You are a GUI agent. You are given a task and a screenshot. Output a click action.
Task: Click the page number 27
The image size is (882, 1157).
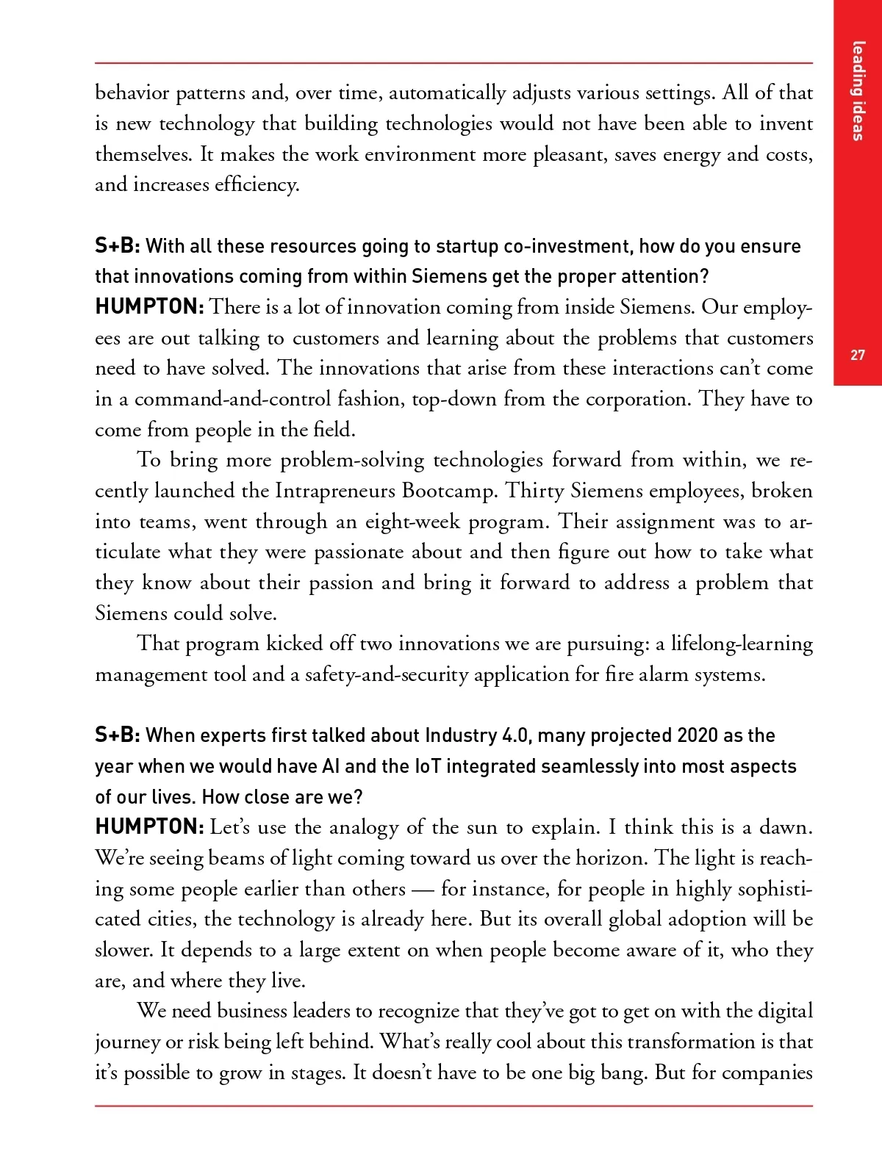pos(858,356)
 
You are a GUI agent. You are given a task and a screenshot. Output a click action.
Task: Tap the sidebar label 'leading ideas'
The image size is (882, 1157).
pos(858,90)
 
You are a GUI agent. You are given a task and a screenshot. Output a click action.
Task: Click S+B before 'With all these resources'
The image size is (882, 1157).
pos(117,246)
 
